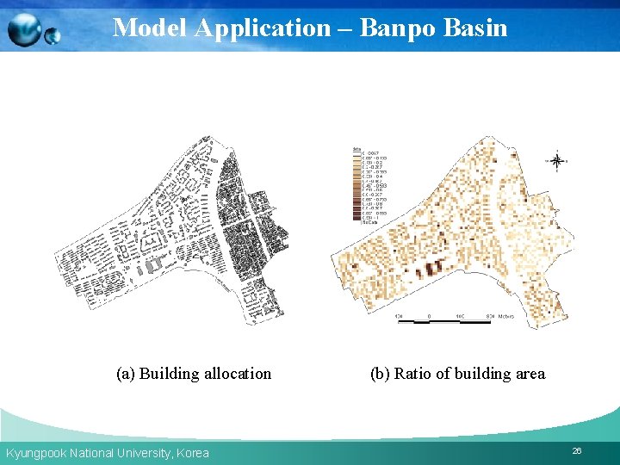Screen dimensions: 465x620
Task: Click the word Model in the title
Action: click(150, 28)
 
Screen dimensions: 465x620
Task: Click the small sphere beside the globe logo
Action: click(53, 36)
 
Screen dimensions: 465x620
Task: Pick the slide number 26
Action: click(576, 451)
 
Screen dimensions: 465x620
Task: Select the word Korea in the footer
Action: click(193, 453)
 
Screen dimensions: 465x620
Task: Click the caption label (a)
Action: click(126, 374)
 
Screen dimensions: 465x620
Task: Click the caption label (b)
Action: click(380, 374)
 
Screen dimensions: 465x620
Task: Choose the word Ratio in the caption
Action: click(412, 374)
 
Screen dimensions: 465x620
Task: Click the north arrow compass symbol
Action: click(557, 160)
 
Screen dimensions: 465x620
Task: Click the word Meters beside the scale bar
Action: click(505, 316)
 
